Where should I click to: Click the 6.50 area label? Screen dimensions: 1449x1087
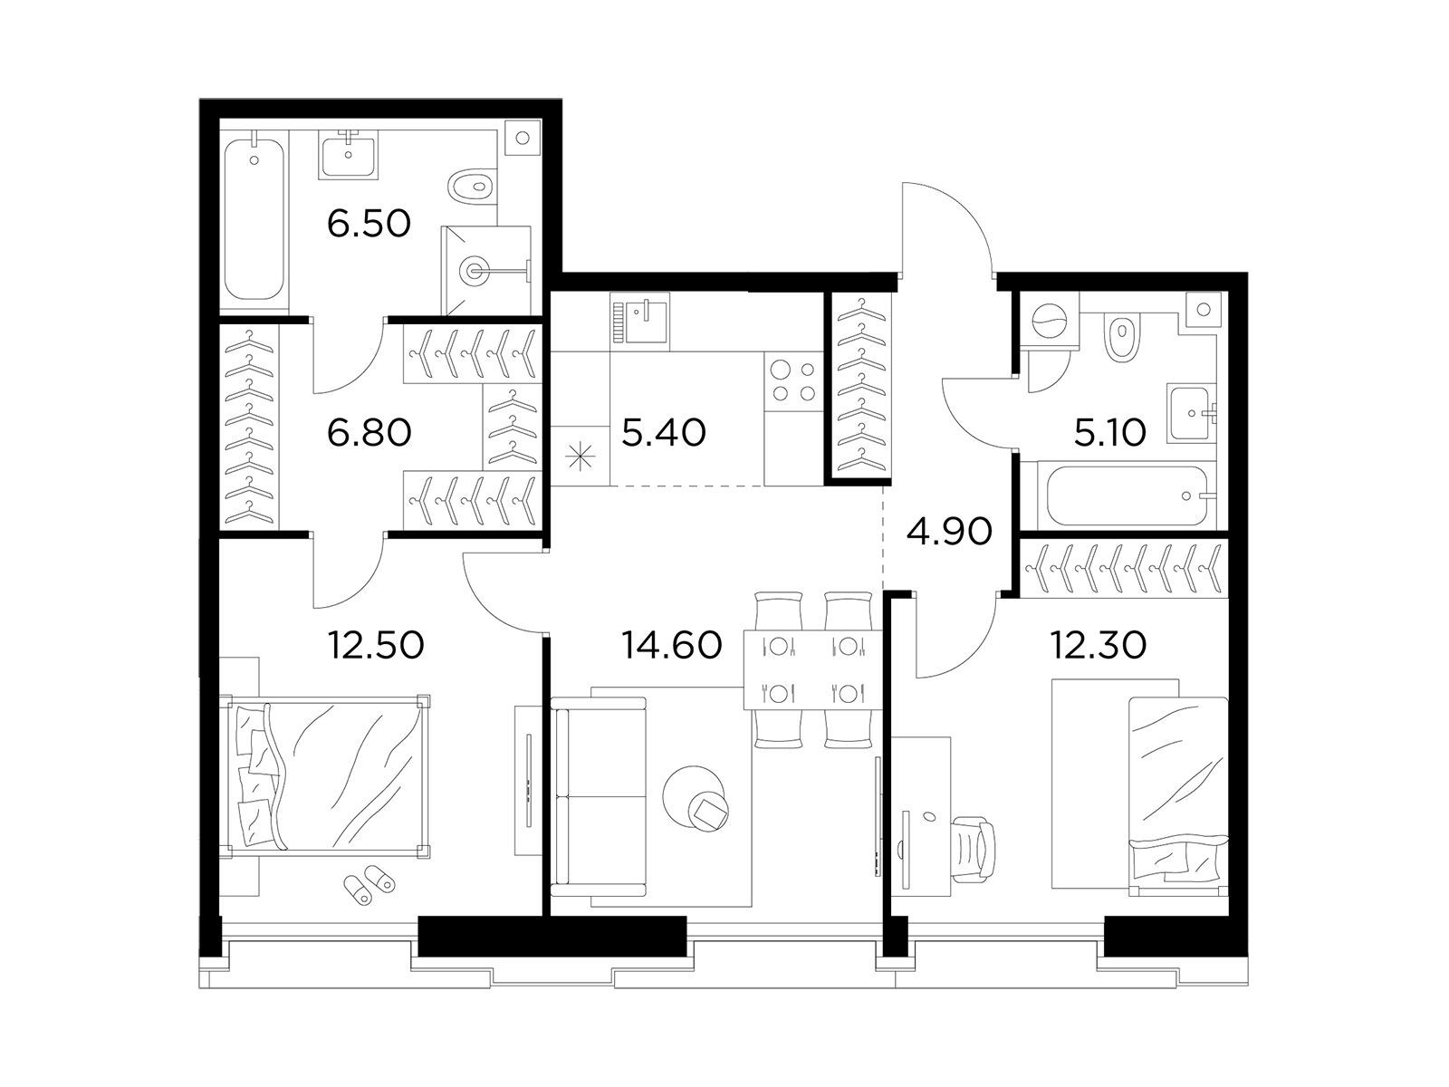coord(369,224)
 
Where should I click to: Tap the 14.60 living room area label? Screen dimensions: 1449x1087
coord(671,645)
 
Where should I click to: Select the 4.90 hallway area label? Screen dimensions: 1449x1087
coord(949,532)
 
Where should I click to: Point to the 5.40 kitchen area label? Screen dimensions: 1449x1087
coord(664,433)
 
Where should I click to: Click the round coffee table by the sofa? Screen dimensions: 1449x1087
coord(695,799)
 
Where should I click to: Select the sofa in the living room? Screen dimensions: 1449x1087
coord(599,796)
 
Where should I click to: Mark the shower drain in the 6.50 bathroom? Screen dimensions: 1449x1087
coord(475,270)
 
